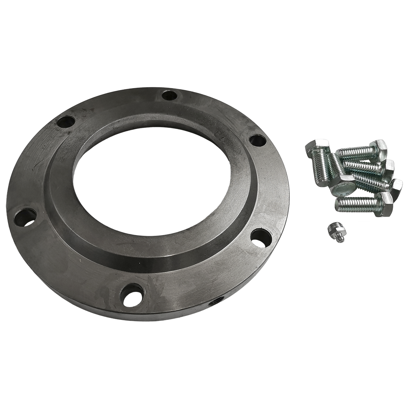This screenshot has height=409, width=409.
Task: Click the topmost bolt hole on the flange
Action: [170, 95]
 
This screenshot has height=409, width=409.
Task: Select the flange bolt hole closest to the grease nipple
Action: [261, 237]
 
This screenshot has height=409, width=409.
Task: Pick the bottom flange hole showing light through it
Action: [132, 295]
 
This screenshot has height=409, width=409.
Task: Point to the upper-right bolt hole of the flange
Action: [258, 140]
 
